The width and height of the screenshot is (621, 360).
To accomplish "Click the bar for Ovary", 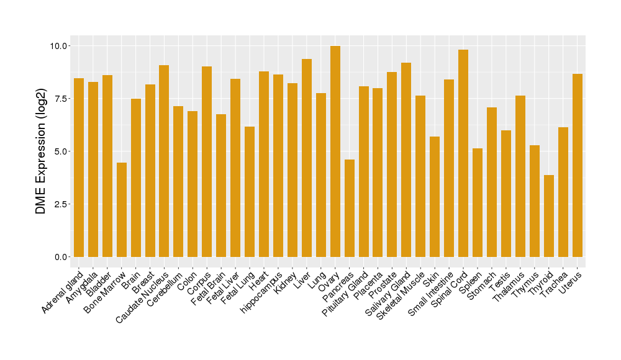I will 335,151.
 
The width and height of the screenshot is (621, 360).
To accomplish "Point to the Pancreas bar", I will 349,208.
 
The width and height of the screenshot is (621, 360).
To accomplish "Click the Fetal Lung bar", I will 250,192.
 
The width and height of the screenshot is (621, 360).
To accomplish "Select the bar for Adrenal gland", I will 79,168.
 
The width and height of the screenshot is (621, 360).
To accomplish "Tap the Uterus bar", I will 577,165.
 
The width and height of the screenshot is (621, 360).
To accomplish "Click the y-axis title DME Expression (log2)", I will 41,151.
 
